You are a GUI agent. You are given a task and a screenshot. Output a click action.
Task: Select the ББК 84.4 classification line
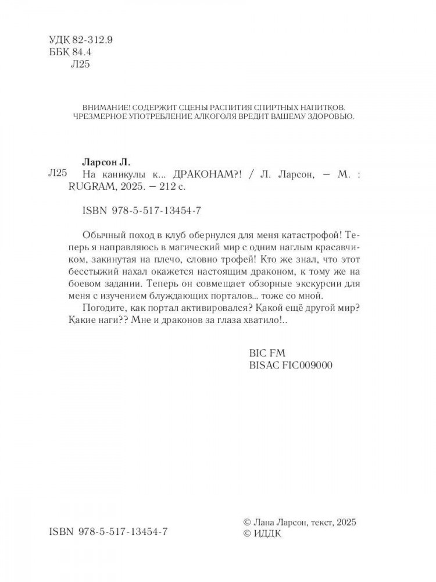coord(68,52)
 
